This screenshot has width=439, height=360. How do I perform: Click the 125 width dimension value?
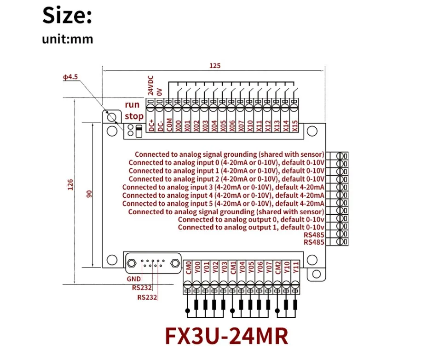click(x=215, y=66)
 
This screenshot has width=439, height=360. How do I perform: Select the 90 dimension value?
click(x=90, y=194)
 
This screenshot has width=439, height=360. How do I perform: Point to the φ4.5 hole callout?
click(x=71, y=77)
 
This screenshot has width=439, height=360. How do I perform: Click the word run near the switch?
click(x=132, y=105)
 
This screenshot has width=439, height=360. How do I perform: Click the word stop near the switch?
click(x=134, y=116)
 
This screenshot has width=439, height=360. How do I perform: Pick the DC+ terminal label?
click(x=150, y=126)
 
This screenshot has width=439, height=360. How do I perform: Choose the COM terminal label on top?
click(x=169, y=126)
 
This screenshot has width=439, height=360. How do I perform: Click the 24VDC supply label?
click(x=150, y=85)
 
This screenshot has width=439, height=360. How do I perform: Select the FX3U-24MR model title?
click(x=226, y=336)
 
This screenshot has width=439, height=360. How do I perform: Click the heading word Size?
click(x=68, y=16)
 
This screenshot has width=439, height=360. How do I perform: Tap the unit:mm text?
click(x=68, y=39)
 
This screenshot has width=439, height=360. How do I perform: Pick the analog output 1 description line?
click(x=251, y=228)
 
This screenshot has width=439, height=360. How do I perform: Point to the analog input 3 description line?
click(x=223, y=187)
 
